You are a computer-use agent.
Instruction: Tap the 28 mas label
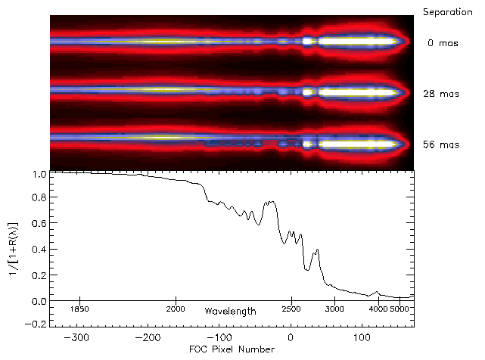pyautogui.click(x=440, y=94)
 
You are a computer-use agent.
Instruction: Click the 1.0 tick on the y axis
pyautogui.click(x=39, y=174)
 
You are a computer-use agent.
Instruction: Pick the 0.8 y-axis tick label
pyautogui.click(x=39, y=199)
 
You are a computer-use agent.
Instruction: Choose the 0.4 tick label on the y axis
pyautogui.click(x=39, y=250)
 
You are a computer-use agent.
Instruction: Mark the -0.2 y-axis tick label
pyautogui.click(x=36, y=325)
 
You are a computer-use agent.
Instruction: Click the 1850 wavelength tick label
pyautogui.click(x=80, y=309)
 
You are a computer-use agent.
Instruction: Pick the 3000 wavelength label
pyautogui.click(x=335, y=309)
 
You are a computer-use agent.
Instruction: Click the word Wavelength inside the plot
pyautogui.click(x=230, y=311)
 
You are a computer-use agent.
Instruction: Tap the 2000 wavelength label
pyautogui.click(x=176, y=309)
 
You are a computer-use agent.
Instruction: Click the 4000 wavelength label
pyautogui.click(x=378, y=309)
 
